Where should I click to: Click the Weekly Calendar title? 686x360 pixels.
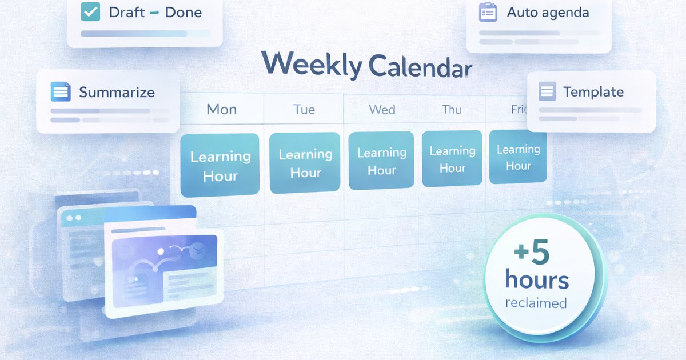point(366,65)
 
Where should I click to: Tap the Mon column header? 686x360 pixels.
point(221,109)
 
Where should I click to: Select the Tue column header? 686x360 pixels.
point(304,109)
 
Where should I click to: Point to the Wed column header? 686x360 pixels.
point(382,109)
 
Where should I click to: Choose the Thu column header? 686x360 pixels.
point(452,109)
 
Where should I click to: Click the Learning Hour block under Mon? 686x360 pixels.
point(220,166)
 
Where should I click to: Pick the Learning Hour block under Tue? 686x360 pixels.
point(305,163)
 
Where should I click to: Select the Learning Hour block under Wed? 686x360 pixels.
point(381,161)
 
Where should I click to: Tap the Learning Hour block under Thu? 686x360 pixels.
point(452,159)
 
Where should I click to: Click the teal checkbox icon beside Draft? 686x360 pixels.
point(91,12)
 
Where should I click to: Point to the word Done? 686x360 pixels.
point(183,12)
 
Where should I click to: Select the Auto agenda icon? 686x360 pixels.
point(488,13)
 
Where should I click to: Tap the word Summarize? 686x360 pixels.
point(117,92)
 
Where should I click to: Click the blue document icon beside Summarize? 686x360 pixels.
point(60,91)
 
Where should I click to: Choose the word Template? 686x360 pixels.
point(593,91)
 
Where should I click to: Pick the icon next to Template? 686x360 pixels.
point(547,91)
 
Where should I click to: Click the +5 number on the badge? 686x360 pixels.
point(532,254)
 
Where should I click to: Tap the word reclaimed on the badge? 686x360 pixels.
point(536,303)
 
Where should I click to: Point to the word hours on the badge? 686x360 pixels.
point(537,279)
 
